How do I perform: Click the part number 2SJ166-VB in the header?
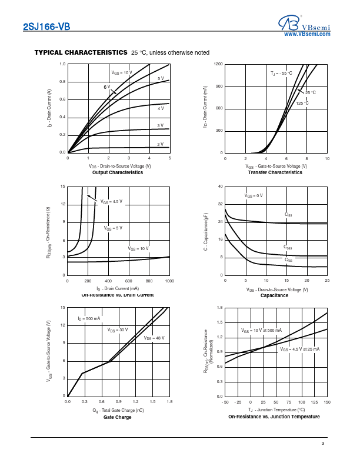(46, 26)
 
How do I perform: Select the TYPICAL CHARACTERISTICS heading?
(81, 52)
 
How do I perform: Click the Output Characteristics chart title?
(118, 172)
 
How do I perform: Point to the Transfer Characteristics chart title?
(275, 172)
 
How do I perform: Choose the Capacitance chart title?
(274, 295)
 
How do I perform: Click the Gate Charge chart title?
(118, 417)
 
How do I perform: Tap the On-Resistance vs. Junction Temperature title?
(274, 417)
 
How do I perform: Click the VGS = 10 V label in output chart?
(122, 72)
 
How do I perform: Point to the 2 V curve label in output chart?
(160, 144)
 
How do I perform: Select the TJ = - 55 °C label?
(281, 73)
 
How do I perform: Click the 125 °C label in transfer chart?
(302, 104)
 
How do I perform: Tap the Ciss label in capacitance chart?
(288, 215)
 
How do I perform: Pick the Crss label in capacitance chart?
(288, 259)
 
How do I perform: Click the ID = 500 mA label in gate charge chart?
(89, 318)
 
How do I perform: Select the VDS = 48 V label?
(154, 338)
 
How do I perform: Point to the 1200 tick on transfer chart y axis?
(218, 64)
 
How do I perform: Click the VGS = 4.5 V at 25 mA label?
(299, 349)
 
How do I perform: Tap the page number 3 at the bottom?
(322, 444)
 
